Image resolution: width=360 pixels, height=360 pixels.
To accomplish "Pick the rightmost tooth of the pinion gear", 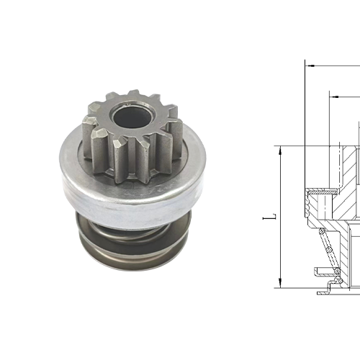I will click(175, 137).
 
